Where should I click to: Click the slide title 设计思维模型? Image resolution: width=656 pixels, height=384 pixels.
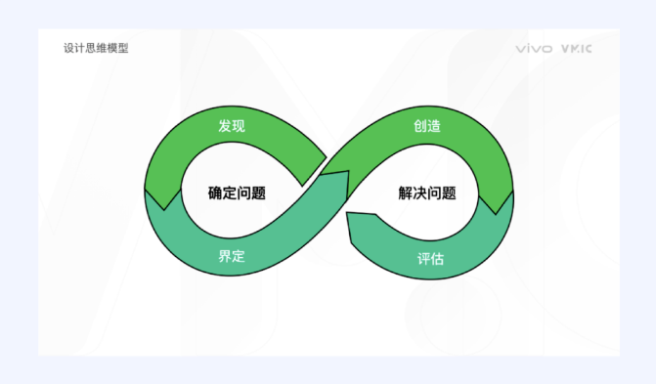point(95,48)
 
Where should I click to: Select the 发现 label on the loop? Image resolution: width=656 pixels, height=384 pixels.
point(232,127)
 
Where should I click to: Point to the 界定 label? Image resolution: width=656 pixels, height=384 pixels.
point(232,257)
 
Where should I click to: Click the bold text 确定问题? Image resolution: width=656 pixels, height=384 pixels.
point(237,192)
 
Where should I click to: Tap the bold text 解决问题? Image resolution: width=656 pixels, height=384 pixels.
point(427,192)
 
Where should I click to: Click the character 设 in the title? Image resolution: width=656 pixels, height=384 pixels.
point(68,48)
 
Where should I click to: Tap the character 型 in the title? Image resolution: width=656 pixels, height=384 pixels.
point(122,48)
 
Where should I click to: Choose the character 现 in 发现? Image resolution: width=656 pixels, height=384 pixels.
point(239,127)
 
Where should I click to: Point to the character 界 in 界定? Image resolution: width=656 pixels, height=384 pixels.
point(225,257)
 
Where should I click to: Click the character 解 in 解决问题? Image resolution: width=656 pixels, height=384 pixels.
point(406,192)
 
